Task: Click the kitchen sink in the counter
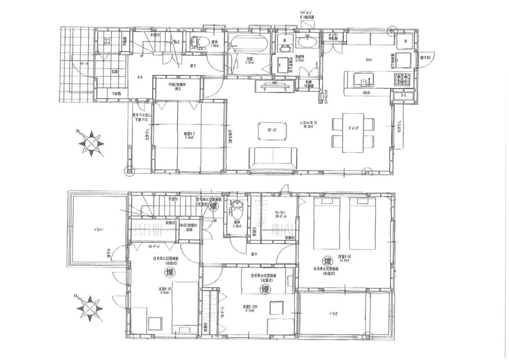(361, 80)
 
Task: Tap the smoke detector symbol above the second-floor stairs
(213, 206)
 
